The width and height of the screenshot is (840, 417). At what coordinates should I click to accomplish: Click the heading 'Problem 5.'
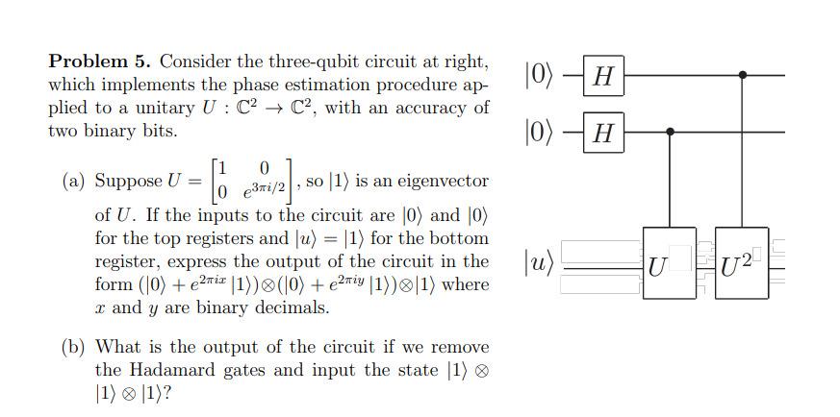[100, 62]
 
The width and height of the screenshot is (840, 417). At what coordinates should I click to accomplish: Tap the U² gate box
[742, 262]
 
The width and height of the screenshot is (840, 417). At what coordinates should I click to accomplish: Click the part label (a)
[73, 181]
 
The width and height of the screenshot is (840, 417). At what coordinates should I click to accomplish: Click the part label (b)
[73, 347]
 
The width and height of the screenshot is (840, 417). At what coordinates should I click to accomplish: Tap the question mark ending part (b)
[179, 394]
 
